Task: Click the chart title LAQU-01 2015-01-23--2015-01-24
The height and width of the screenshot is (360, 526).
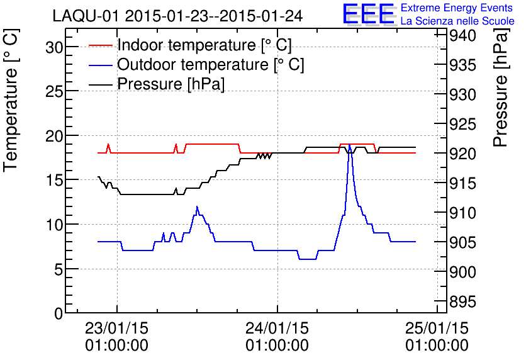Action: (178, 16)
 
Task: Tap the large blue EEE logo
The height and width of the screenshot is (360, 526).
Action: (368, 14)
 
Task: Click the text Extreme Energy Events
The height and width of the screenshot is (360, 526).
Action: (456, 8)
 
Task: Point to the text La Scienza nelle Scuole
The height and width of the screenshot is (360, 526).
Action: (457, 21)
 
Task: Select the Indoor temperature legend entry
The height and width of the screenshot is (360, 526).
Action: (204, 45)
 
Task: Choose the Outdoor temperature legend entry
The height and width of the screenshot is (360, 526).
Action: (211, 65)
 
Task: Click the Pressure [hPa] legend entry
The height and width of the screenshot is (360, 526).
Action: (171, 84)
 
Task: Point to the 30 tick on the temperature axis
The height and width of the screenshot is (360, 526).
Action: (55, 47)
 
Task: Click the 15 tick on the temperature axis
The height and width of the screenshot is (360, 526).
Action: (55, 180)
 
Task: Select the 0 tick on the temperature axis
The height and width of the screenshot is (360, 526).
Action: (59, 313)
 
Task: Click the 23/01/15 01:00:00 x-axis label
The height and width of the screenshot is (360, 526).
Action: (117, 337)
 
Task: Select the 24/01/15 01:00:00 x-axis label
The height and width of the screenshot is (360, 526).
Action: (277, 337)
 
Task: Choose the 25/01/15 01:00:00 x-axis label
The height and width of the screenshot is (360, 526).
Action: (437, 337)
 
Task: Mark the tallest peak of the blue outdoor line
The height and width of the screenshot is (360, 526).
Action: (349, 144)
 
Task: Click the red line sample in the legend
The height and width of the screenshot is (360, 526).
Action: (101, 45)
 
